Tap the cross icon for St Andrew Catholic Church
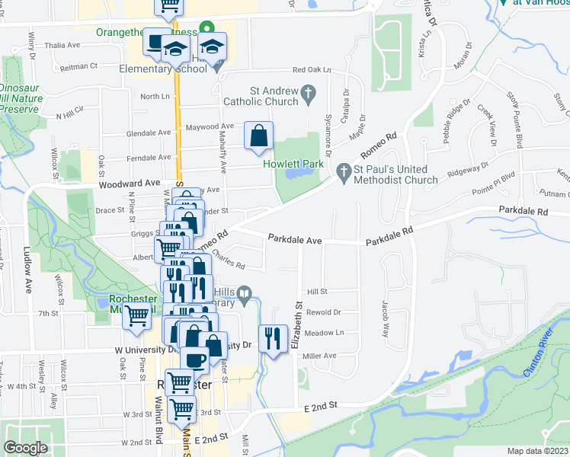[309, 95]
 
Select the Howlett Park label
[294, 163]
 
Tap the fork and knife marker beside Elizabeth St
[273, 338]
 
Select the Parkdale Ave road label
[294, 239]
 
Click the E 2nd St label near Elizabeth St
[323, 407]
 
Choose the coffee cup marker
[196, 359]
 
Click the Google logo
[26, 448]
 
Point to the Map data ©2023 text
[536, 451]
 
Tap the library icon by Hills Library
[245, 293]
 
